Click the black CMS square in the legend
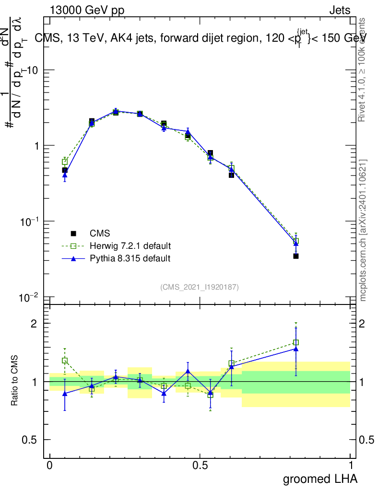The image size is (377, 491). (73, 234)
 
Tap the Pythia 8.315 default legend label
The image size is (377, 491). (130, 258)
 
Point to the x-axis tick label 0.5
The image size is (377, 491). (200, 466)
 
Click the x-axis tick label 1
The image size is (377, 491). (351, 466)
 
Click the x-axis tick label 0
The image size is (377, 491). (50, 466)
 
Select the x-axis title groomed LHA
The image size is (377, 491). (320, 479)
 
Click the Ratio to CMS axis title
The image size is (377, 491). (15, 381)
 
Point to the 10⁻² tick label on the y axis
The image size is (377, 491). (29, 297)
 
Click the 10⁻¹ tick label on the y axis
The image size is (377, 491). (29, 222)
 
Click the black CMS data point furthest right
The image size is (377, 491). (296, 256)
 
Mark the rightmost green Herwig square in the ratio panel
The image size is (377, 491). (296, 342)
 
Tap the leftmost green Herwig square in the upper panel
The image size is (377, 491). (65, 162)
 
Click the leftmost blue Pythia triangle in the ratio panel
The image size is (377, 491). (65, 393)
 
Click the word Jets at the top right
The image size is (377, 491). (340, 11)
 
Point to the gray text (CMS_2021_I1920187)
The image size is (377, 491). (200, 287)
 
